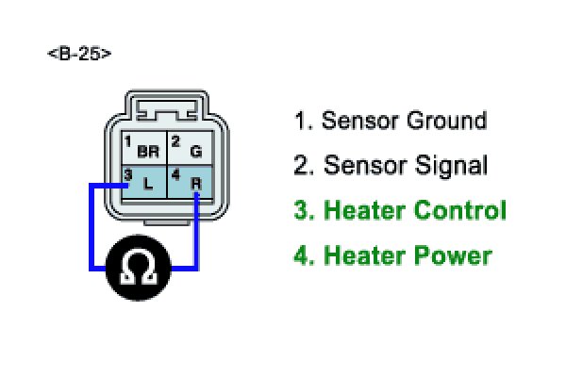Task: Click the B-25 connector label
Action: point(79,54)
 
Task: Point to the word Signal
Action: point(449,167)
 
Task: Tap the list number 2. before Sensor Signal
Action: point(304,167)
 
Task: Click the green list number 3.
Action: point(304,211)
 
